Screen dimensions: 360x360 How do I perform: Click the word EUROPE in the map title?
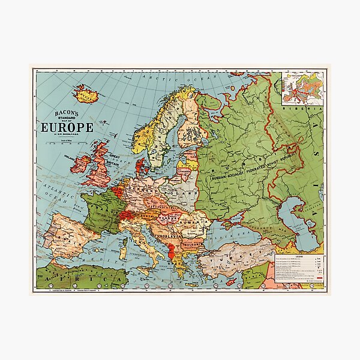[x=67, y=127]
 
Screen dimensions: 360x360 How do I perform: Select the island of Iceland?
[x=86, y=94]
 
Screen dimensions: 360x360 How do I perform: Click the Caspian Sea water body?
[x=298, y=222]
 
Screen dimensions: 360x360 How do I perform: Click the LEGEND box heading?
[x=298, y=256]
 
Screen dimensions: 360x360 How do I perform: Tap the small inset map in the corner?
[x=302, y=89]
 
